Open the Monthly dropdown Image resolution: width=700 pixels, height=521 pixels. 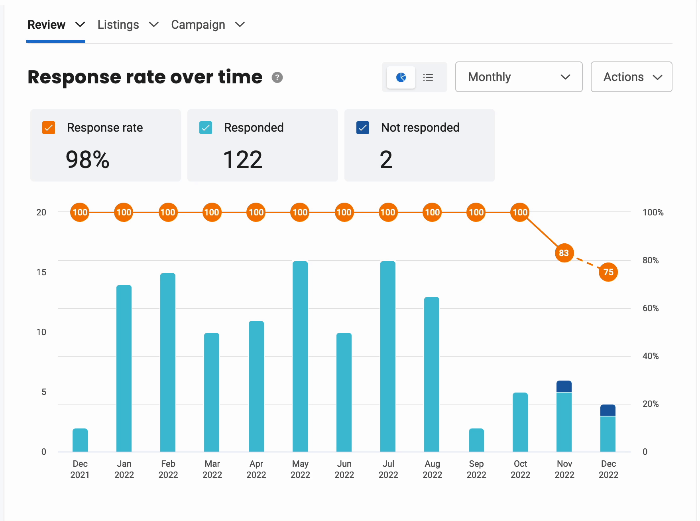(518, 77)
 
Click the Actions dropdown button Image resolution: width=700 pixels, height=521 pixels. (631, 77)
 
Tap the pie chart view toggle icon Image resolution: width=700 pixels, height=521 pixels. (401, 77)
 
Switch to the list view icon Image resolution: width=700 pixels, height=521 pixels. (428, 77)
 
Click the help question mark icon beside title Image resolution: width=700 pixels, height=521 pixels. (277, 77)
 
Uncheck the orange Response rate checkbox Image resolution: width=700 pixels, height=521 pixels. (49, 128)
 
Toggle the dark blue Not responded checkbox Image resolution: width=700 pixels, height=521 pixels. (363, 128)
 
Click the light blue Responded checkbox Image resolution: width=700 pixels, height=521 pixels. (206, 128)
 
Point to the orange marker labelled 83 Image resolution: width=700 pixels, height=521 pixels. (564, 253)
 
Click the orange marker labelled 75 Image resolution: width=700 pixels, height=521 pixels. (608, 272)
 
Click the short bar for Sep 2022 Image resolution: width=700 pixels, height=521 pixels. (476, 440)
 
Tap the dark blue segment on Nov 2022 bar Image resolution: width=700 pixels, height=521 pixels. (564, 386)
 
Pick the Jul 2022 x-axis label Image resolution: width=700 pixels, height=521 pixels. (388, 469)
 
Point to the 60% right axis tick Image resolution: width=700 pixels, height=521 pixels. (650, 308)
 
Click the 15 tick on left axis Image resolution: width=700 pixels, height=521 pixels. (41, 272)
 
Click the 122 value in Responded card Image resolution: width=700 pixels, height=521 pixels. (242, 160)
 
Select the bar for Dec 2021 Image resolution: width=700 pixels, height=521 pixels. (80, 440)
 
